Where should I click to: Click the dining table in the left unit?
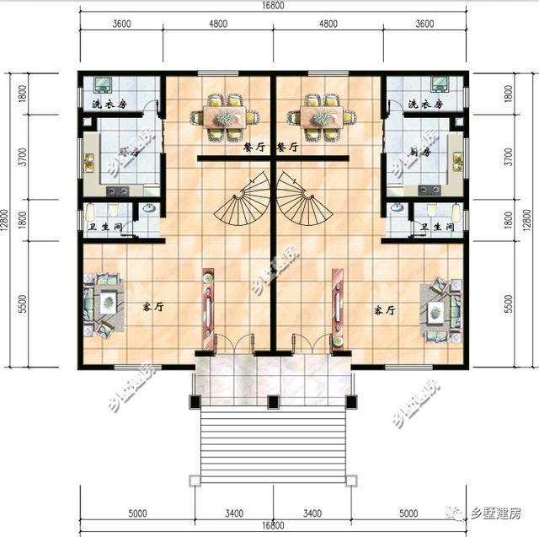pyautogui.click(x=225, y=117)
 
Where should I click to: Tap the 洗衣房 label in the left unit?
pyautogui.click(x=109, y=104)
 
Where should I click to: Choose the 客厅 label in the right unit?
pyautogui.click(x=384, y=310)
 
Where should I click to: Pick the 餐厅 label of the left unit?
pyautogui.click(x=253, y=147)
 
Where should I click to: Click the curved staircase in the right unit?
pyautogui.click(x=301, y=201)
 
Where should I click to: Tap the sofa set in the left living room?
pyautogui.click(x=103, y=303)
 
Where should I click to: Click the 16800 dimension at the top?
pyautogui.click(x=272, y=7)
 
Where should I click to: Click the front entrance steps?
pyautogui.click(x=272, y=444)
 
